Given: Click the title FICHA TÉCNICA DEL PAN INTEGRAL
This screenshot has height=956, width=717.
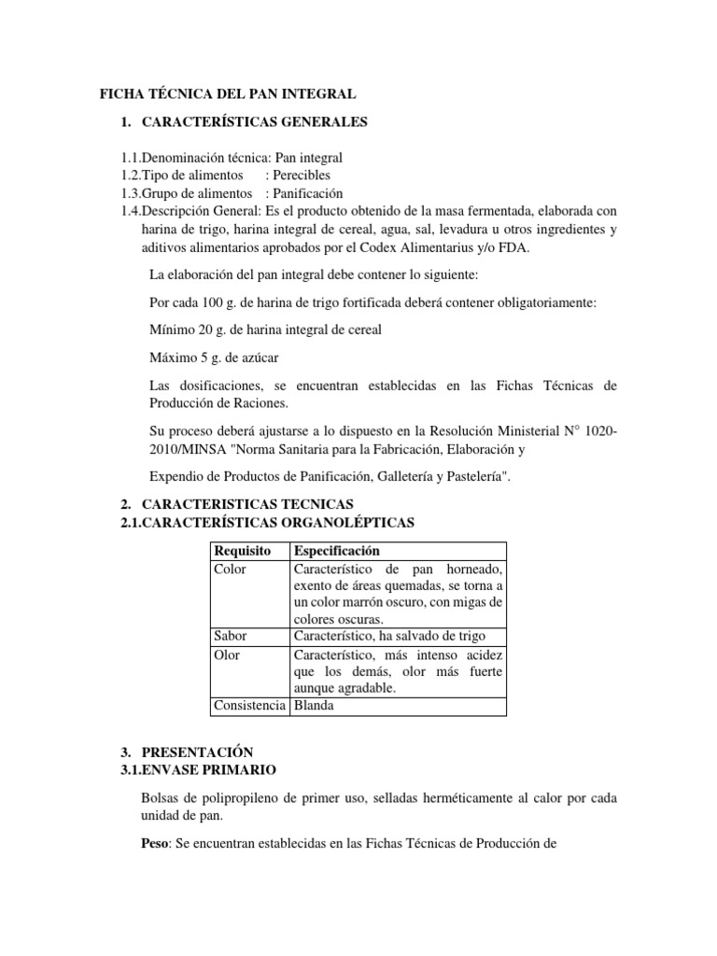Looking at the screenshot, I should (228, 94).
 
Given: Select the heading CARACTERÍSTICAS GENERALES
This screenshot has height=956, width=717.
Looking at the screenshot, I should (255, 121).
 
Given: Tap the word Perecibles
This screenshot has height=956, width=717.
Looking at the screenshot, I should (302, 175).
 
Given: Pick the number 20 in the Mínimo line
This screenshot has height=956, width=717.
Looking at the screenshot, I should (206, 330).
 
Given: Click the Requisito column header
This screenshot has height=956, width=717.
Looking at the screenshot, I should (243, 551).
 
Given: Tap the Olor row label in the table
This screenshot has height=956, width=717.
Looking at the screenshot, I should (227, 654).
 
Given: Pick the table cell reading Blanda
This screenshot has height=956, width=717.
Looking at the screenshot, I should (314, 706).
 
